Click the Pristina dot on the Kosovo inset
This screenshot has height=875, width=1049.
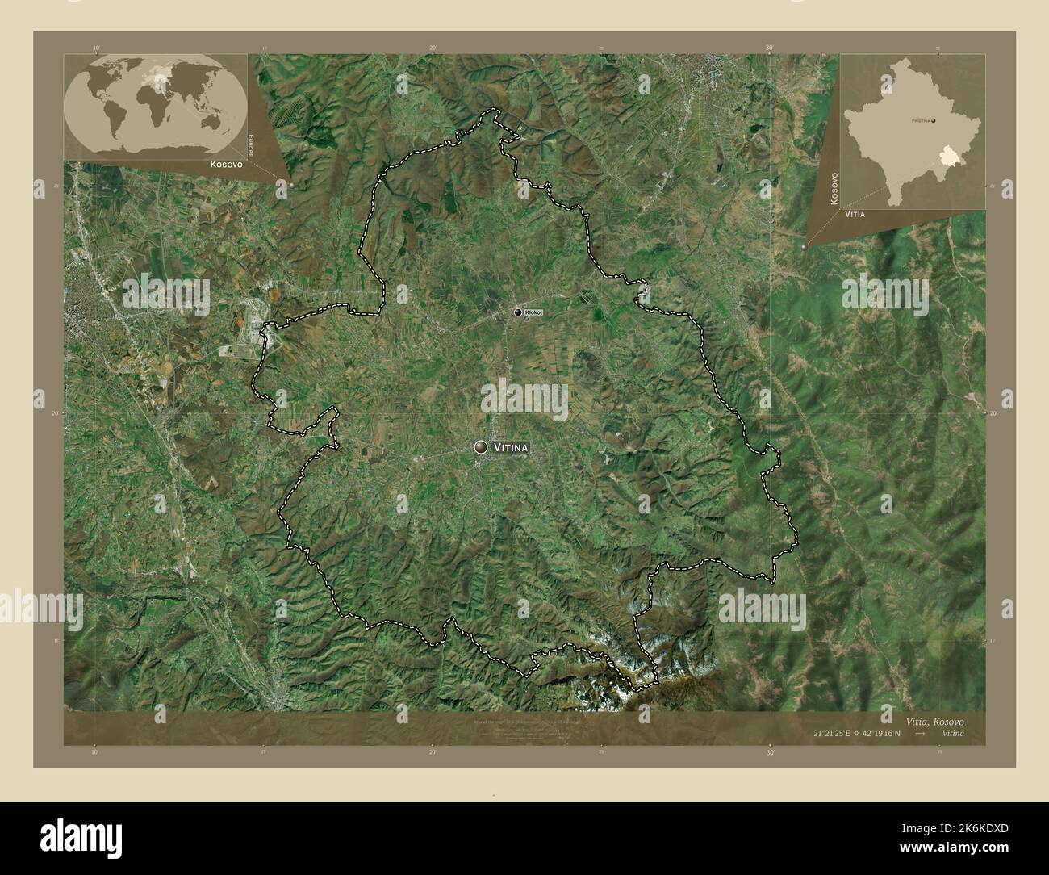tap(934, 121)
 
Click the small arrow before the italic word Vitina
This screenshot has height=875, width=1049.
tap(921, 733)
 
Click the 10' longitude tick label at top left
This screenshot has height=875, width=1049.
tap(95, 48)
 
